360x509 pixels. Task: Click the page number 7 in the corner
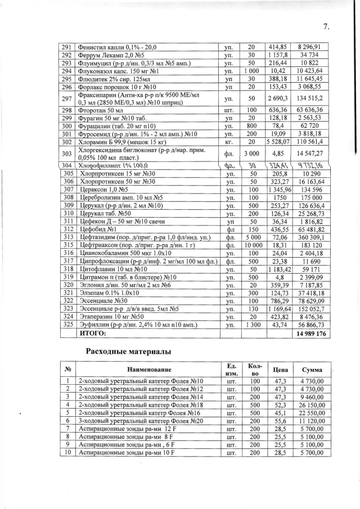pyautogui.click(x=326, y=27)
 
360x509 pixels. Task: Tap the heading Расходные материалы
pyautogui.click(x=128, y=352)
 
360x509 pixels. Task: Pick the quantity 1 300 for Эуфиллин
pyautogui.click(x=252, y=325)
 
